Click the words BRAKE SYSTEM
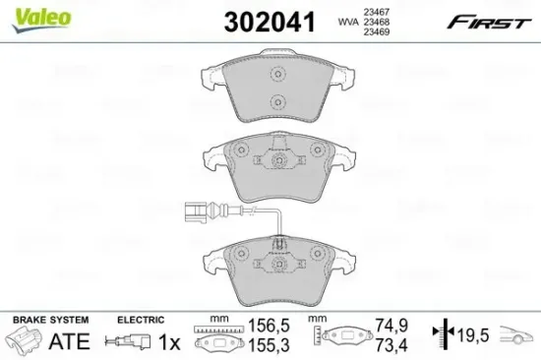(50, 321)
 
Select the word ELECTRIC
(139, 321)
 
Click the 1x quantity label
(169, 342)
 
